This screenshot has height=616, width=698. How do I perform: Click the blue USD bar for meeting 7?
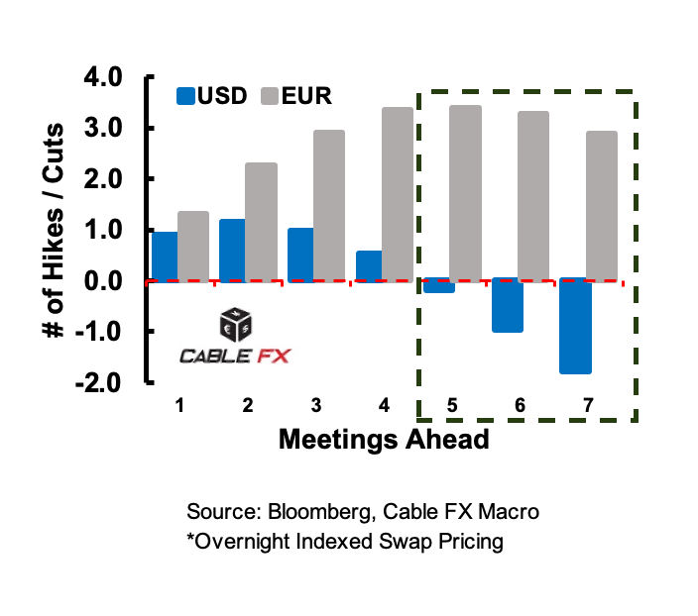tap(575, 326)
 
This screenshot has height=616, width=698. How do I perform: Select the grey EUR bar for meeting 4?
tap(398, 194)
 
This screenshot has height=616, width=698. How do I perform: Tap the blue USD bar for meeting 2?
tap(232, 250)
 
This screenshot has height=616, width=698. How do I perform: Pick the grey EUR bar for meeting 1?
tap(193, 246)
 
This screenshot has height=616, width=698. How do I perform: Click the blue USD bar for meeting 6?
tap(508, 305)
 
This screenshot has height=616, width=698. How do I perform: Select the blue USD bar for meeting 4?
tap(368, 265)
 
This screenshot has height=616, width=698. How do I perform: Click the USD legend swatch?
tap(186, 96)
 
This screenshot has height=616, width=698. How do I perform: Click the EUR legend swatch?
tap(270, 96)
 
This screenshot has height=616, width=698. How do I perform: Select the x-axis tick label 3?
tap(314, 405)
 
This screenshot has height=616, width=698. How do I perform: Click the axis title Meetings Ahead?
tap(384, 439)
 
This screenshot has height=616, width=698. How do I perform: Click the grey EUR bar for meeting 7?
tap(601, 206)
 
